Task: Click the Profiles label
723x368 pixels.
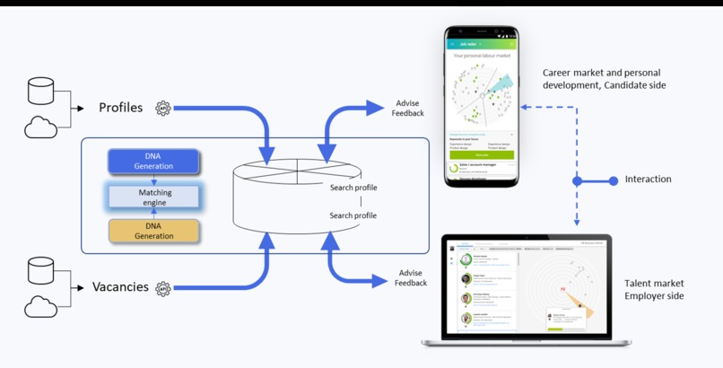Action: [x=120, y=108]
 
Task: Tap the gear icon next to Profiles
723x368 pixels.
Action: [x=162, y=108]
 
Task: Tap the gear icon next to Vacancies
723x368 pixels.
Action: [x=162, y=288]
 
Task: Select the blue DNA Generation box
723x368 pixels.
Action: [x=153, y=162]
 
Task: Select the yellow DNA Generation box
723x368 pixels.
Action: [x=153, y=230]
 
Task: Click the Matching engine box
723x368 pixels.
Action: [x=153, y=196]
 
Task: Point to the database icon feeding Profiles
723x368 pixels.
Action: [x=41, y=91]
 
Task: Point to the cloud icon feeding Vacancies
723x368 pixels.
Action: [x=41, y=308]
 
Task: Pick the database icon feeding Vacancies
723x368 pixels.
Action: [x=41, y=269]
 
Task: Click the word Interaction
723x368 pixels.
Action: [x=648, y=180]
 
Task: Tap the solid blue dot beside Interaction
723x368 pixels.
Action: [x=577, y=180]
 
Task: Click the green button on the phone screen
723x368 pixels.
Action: [x=481, y=154]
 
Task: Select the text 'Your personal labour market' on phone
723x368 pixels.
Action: [x=482, y=56]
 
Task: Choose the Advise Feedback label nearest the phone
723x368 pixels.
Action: [x=408, y=109]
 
